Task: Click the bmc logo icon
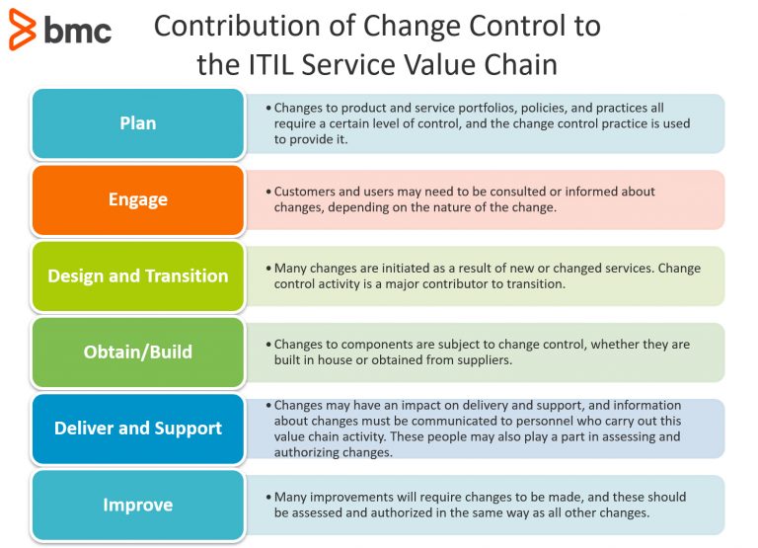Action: tap(22, 30)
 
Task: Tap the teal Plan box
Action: tap(138, 123)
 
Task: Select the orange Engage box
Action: tap(138, 199)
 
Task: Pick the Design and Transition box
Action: tap(138, 276)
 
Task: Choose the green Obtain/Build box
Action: tap(138, 352)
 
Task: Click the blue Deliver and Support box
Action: tap(138, 429)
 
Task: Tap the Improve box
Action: tap(138, 505)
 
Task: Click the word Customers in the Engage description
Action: tap(307, 192)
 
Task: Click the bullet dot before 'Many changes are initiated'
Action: tap(267, 269)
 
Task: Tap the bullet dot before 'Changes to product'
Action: tap(267, 108)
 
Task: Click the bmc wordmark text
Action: tap(77, 30)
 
